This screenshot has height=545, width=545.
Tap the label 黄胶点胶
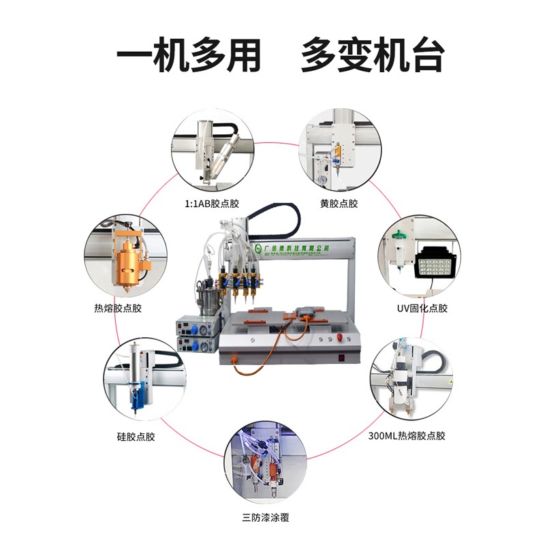click(339, 203)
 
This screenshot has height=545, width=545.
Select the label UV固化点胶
click(422, 308)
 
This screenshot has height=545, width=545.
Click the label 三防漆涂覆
click(266, 518)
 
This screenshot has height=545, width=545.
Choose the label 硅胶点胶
click(136, 436)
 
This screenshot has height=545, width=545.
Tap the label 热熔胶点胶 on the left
click(119, 308)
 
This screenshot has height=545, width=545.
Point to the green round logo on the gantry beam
click(258, 249)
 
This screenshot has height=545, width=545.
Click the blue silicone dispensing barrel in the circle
click(136, 394)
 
